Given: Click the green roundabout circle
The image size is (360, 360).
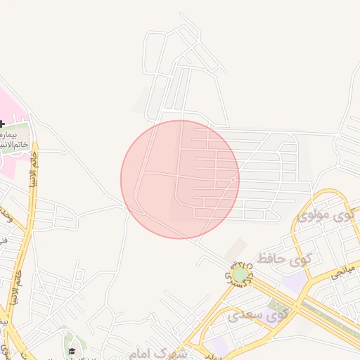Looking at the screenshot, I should click(x=240, y=274).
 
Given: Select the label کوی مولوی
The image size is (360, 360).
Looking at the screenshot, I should click(x=325, y=214).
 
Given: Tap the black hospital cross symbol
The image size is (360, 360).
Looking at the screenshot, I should click(x=2, y=124).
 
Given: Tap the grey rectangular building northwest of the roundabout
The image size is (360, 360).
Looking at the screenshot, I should click(x=236, y=247).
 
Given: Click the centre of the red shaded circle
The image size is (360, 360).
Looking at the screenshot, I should click(x=180, y=179).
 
